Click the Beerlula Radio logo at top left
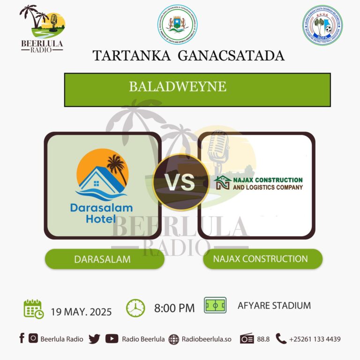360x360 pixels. click(x=42, y=28)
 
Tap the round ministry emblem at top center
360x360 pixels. click(x=177, y=25)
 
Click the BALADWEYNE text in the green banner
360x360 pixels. click(x=178, y=87)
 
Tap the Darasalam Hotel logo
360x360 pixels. click(x=102, y=185)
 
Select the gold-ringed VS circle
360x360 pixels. click(x=180, y=182)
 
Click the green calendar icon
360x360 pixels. click(x=33, y=309)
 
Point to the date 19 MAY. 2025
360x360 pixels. click(x=81, y=311)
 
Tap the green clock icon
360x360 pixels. click(x=135, y=308)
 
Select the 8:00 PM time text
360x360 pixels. click(x=174, y=308)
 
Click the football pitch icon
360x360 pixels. click(x=215, y=306)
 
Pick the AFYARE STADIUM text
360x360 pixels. click(x=274, y=306)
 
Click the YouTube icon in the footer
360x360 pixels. click(x=112, y=339)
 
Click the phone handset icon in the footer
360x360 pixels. click(x=281, y=338)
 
